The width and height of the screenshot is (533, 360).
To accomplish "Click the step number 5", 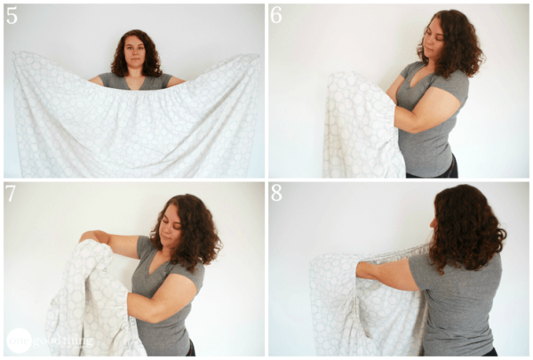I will pyautogui.click(x=12, y=14).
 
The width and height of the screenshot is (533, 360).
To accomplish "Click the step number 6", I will pyautogui.click(x=277, y=14).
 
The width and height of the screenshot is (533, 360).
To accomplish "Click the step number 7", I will pyautogui.click(x=12, y=194).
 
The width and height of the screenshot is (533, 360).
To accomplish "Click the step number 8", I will pyautogui.click(x=277, y=194).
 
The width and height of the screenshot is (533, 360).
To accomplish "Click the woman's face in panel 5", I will pyautogui.click(x=136, y=54).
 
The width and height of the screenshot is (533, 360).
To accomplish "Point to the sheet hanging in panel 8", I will pyautogui.click(x=355, y=311).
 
